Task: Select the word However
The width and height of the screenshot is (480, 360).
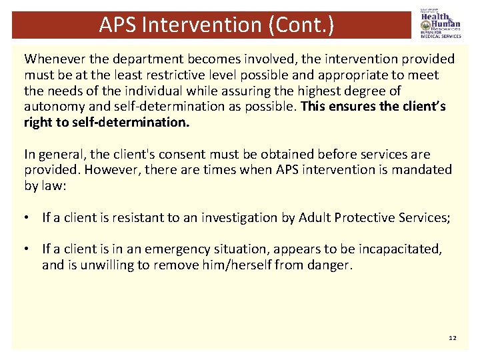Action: (x=110, y=169)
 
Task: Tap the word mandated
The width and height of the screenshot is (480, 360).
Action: (x=419, y=169)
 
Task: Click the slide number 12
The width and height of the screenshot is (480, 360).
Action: (x=453, y=338)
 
